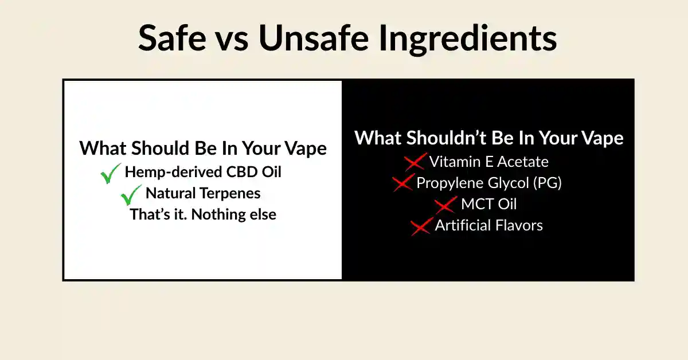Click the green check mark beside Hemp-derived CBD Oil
111,173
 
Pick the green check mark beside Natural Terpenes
131,194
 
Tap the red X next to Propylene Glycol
402,183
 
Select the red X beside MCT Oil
445,205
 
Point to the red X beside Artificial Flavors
421,226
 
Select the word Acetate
521,162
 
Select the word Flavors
521,225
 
